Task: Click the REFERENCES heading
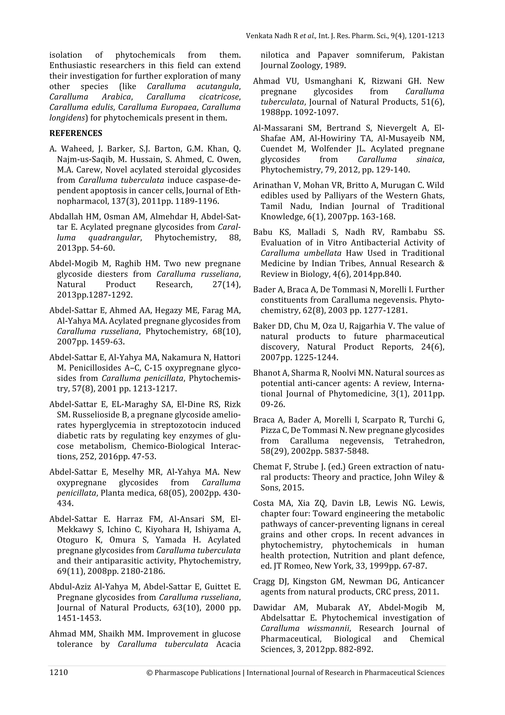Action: (x=76, y=133)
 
